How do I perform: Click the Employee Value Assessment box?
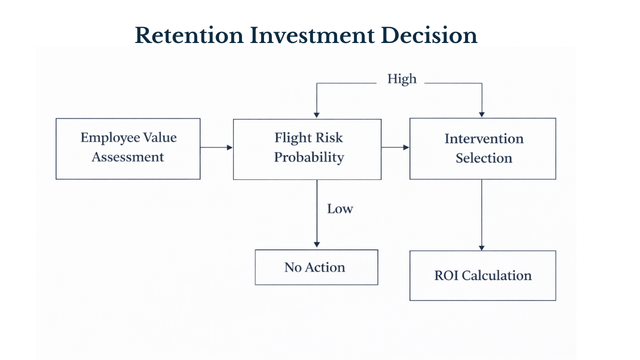click(128, 148)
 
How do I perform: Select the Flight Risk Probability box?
click(307, 149)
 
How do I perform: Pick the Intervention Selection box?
click(482, 148)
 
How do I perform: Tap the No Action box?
click(316, 267)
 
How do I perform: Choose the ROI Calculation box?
click(482, 275)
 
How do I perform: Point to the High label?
click(401, 79)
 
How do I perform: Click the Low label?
click(340, 209)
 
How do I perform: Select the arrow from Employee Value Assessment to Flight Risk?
click(216, 147)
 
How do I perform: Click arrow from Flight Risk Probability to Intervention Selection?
click(395, 147)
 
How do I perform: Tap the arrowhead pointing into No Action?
click(316, 244)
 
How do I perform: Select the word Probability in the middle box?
click(309, 157)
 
